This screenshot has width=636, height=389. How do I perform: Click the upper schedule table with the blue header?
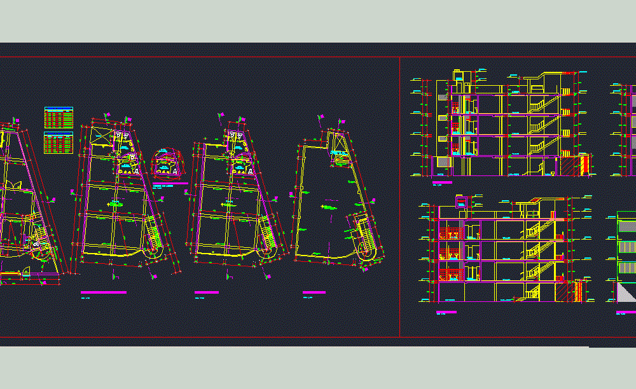click(59, 118)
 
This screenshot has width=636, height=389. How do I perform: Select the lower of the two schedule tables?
click(59, 142)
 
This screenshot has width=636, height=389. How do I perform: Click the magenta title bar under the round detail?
click(170, 184)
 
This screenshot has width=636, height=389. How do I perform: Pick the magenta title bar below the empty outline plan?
click(314, 292)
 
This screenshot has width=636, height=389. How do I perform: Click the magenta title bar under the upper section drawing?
click(441, 182)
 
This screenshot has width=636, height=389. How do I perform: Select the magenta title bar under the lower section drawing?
click(446, 312)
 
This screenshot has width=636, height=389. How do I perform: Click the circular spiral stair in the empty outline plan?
click(367, 254)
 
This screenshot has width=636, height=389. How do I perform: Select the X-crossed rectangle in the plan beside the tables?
click(101, 137)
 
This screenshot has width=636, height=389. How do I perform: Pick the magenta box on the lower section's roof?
click(461, 201)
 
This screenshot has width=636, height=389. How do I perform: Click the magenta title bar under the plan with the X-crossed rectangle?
click(104, 292)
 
